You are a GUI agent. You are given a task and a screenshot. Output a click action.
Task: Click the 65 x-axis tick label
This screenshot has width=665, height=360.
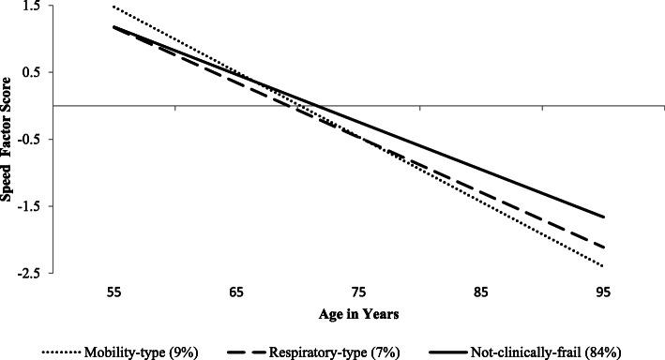tap(236, 292)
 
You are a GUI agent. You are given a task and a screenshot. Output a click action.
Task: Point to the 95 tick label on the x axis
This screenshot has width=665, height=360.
tap(605, 292)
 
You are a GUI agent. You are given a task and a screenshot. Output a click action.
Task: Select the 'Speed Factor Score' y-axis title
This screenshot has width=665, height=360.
tap(8, 139)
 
